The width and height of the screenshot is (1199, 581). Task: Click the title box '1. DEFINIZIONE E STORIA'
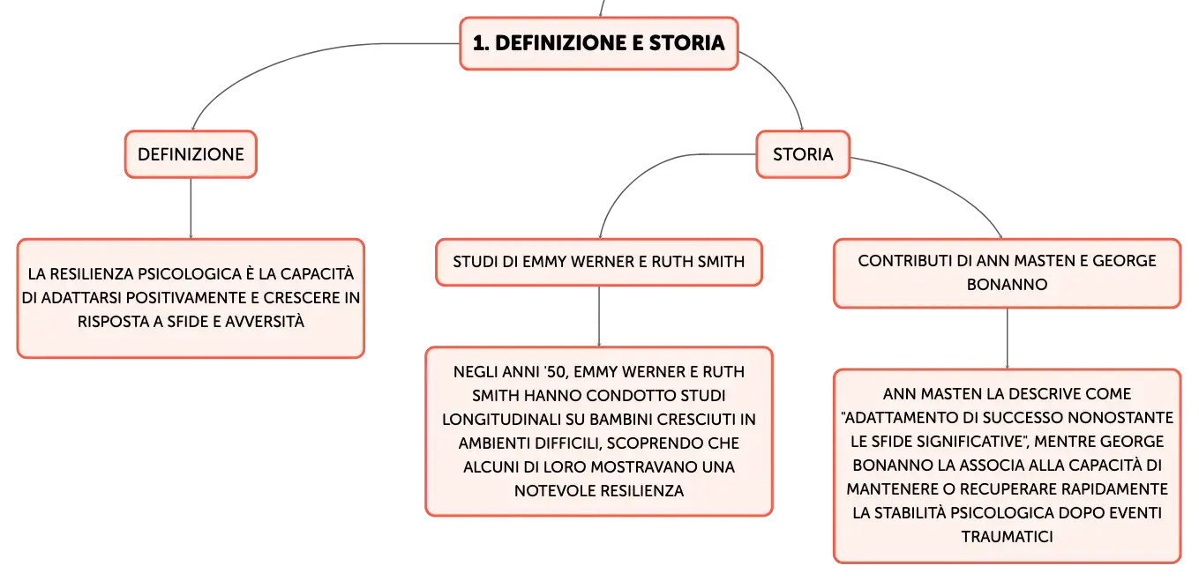pyautogui.click(x=599, y=43)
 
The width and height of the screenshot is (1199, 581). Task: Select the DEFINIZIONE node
pyautogui.click(x=191, y=154)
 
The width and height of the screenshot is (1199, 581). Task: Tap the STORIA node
pyautogui.click(x=803, y=154)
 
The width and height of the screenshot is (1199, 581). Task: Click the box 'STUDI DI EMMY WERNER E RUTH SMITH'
pyautogui.click(x=599, y=262)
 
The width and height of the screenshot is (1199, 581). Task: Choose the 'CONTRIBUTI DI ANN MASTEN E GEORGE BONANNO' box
pyautogui.click(x=1007, y=273)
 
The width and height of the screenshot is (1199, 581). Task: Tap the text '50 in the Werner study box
pyautogui.click(x=555, y=372)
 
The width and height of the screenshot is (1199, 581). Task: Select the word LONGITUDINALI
pyautogui.click(x=501, y=420)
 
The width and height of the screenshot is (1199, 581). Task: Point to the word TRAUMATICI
pyautogui.click(x=1007, y=537)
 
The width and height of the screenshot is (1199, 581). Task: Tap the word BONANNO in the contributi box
pyautogui.click(x=1007, y=285)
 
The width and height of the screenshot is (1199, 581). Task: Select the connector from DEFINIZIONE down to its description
pyautogui.click(x=191, y=208)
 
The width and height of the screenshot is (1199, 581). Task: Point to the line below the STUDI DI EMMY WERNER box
pyautogui.click(x=599, y=317)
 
